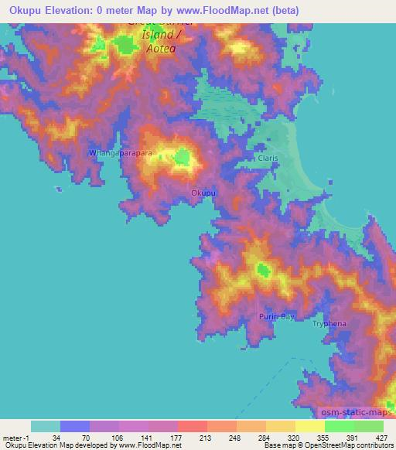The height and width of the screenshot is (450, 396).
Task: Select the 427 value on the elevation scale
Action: pyautogui.click(x=382, y=437)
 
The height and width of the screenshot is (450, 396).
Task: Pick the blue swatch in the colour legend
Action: pyautogui.click(x=75, y=426)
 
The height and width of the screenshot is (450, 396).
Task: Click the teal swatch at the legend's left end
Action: pyautogui.click(x=46, y=426)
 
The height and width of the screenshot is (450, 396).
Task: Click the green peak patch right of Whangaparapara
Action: pyautogui.click(x=182, y=159)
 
